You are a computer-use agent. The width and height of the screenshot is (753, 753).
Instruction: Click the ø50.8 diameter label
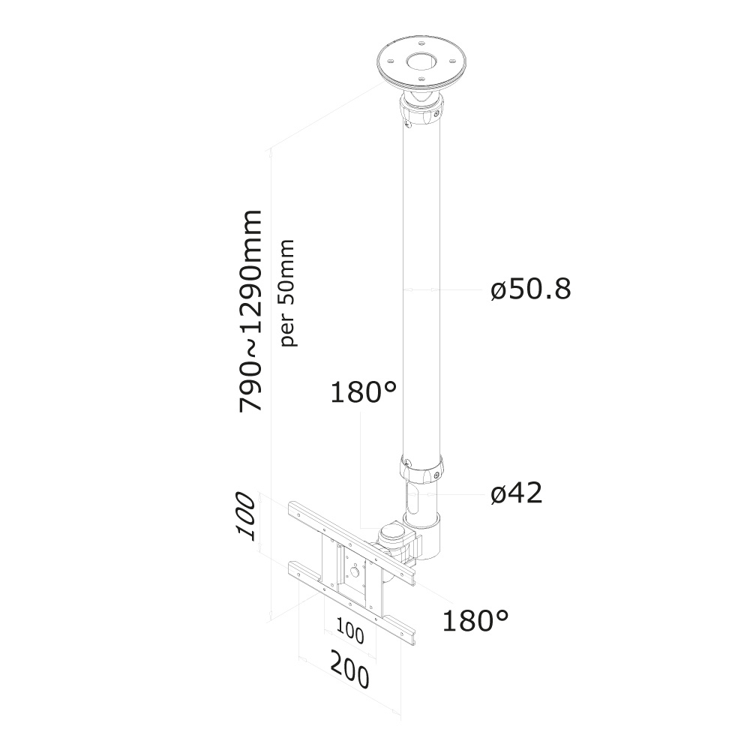click(531, 289)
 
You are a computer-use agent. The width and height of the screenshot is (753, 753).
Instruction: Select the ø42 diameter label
click(516, 493)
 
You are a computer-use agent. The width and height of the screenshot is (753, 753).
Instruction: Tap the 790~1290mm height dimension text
click(250, 310)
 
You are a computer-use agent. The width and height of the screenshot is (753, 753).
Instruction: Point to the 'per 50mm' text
click(287, 292)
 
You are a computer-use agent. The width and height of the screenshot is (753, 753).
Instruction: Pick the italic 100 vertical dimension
click(245, 517)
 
